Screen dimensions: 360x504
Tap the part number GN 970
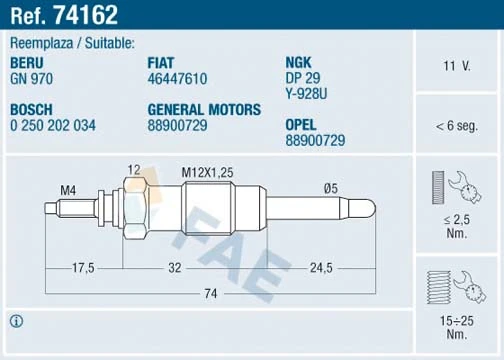(x=33, y=77)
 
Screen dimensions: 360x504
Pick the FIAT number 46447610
(x=178, y=77)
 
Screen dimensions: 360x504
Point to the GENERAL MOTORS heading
(x=204, y=109)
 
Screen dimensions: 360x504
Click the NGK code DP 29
(x=303, y=77)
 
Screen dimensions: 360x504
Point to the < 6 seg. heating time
(x=457, y=126)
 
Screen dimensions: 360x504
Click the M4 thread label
(x=68, y=190)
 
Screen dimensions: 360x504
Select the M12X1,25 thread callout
(x=207, y=173)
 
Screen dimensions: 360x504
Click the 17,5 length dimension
(x=83, y=268)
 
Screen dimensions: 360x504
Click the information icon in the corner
(x=16, y=321)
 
